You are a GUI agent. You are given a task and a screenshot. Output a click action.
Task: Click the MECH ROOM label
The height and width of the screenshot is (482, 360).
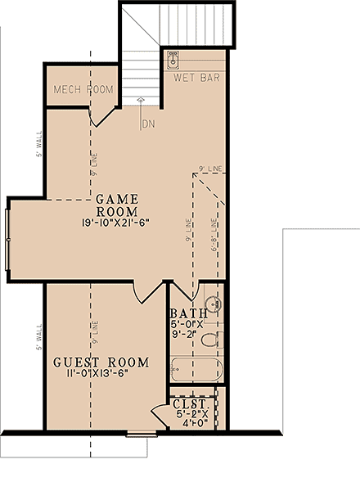point(83,88)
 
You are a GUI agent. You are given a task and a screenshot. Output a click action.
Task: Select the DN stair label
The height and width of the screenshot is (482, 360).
point(148,124)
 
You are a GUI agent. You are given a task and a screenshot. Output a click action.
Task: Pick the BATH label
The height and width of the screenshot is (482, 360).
point(186,314)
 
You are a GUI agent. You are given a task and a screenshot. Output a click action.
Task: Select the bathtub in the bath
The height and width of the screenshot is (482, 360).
point(196,368)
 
